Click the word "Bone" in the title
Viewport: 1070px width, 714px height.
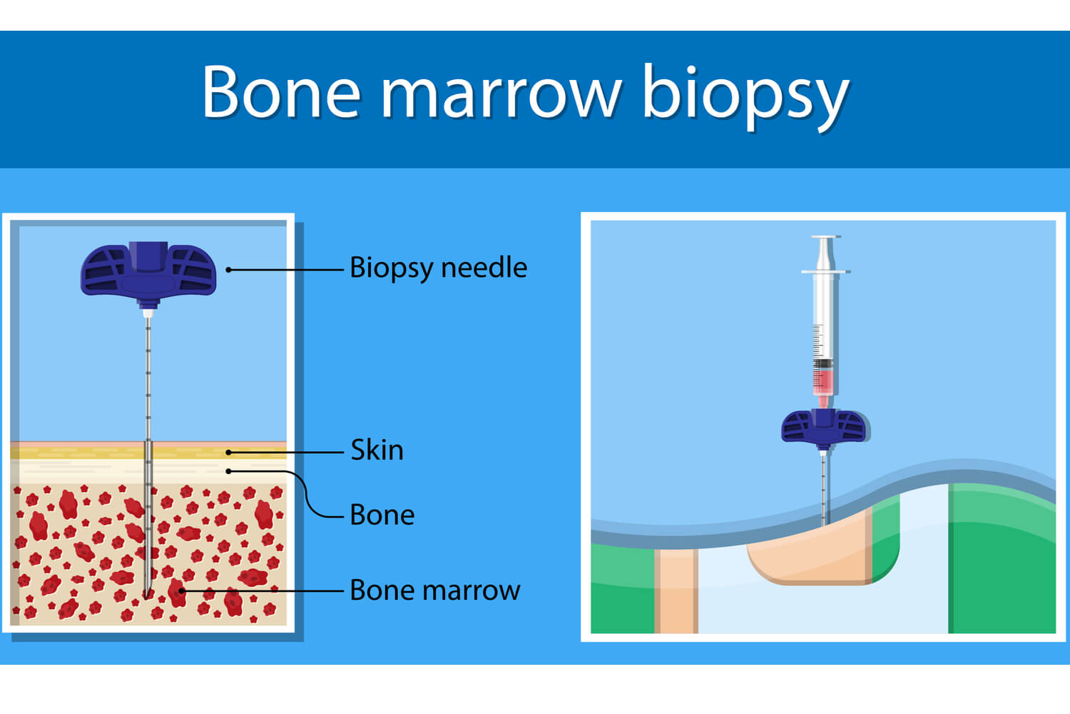pyautogui.click(x=281, y=92)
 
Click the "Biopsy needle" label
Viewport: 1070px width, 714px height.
pyautogui.click(x=438, y=268)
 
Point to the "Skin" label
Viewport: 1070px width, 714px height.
pyautogui.click(x=377, y=450)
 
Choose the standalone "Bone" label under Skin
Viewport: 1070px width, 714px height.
pyautogui.click(x=382, y=515)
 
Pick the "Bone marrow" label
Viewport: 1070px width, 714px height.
pyautogui.click(x=434, y=590)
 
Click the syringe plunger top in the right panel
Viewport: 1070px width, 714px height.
pyautogui.click(x=825, y=237)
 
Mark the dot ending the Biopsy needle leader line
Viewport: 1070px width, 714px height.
pyautogui.click(x=228, y=270)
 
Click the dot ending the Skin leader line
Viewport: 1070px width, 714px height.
pyautogui.click(x=228, y=452)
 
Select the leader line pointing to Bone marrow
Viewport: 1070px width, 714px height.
pyautogui.click(x=264, y=590)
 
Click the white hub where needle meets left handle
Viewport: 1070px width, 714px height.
pyautogui.click(x=148, y=312)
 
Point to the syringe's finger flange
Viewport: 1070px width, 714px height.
pyautogui.click(x=825, y=272)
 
